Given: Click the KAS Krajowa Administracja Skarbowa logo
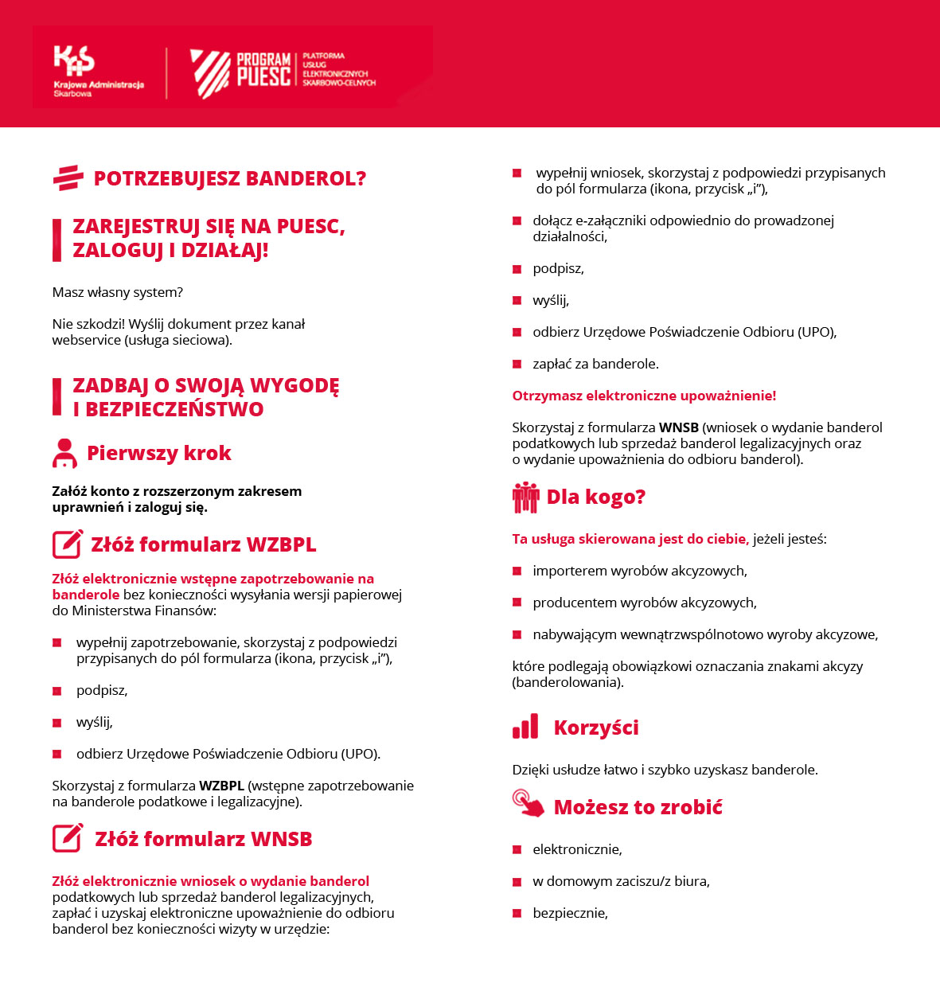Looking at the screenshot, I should coord(97,71).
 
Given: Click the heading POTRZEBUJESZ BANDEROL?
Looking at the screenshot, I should coord(229,178).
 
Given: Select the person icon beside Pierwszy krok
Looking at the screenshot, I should coord(64,453).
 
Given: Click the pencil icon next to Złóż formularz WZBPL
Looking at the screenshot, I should coord(68,544).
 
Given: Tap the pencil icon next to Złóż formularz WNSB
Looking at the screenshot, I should coord(68,838).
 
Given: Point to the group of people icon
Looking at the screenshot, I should coord(525,497).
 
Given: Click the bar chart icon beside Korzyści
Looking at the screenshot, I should coord(525,727).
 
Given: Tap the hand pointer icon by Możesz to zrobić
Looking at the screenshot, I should coord(528,803).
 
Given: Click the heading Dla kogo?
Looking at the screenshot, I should coord(595,497).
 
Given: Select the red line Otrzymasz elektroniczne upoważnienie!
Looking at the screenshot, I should coord(644,396).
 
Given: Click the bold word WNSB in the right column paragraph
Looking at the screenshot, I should coord(678,427).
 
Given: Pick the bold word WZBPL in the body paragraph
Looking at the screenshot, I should coord(221,786).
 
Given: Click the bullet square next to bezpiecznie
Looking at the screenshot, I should coord(517,913).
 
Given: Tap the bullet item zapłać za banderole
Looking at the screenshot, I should coord(595,364).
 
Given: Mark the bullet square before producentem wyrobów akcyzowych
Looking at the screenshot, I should coord(517,603).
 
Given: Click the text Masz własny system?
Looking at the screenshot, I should coord(118,292).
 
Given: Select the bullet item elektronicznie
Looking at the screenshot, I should coord(577,849).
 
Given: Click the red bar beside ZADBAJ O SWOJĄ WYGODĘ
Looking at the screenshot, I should coord(57,396).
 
